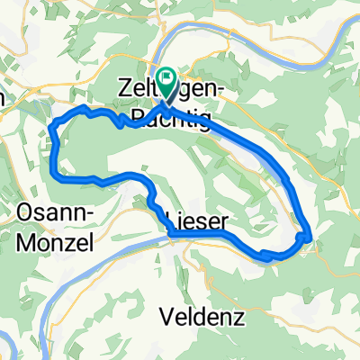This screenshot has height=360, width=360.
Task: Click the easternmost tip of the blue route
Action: (311, 236)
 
